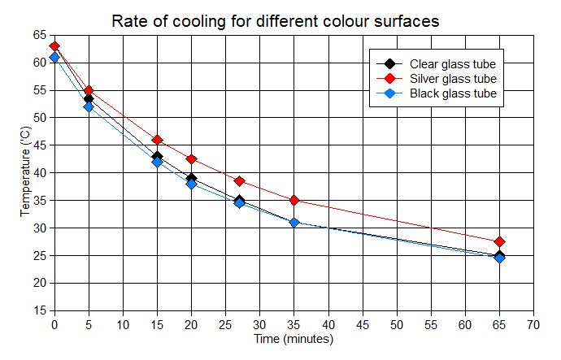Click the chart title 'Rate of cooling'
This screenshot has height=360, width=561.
[276, 21]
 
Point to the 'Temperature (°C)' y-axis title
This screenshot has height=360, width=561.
[26, 172]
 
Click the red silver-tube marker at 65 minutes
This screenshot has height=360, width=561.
[499, 241]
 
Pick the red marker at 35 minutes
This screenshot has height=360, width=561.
[294, 200]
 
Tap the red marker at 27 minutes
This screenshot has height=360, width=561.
[239, 181]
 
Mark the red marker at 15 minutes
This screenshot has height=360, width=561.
[157, 140]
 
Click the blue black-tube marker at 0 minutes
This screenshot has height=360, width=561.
[54, 58]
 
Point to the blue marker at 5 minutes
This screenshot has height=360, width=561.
[89, 106]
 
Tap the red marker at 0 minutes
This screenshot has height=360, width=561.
[54, 46]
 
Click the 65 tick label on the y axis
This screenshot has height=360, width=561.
[39, 35]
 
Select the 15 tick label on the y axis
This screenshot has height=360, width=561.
[39, 311]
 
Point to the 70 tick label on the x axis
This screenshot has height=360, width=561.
[533, 323]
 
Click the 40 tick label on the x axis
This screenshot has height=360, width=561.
[328, 323]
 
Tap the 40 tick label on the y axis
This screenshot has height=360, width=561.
[39, 173]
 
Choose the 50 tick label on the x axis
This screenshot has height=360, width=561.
[397, 323]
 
